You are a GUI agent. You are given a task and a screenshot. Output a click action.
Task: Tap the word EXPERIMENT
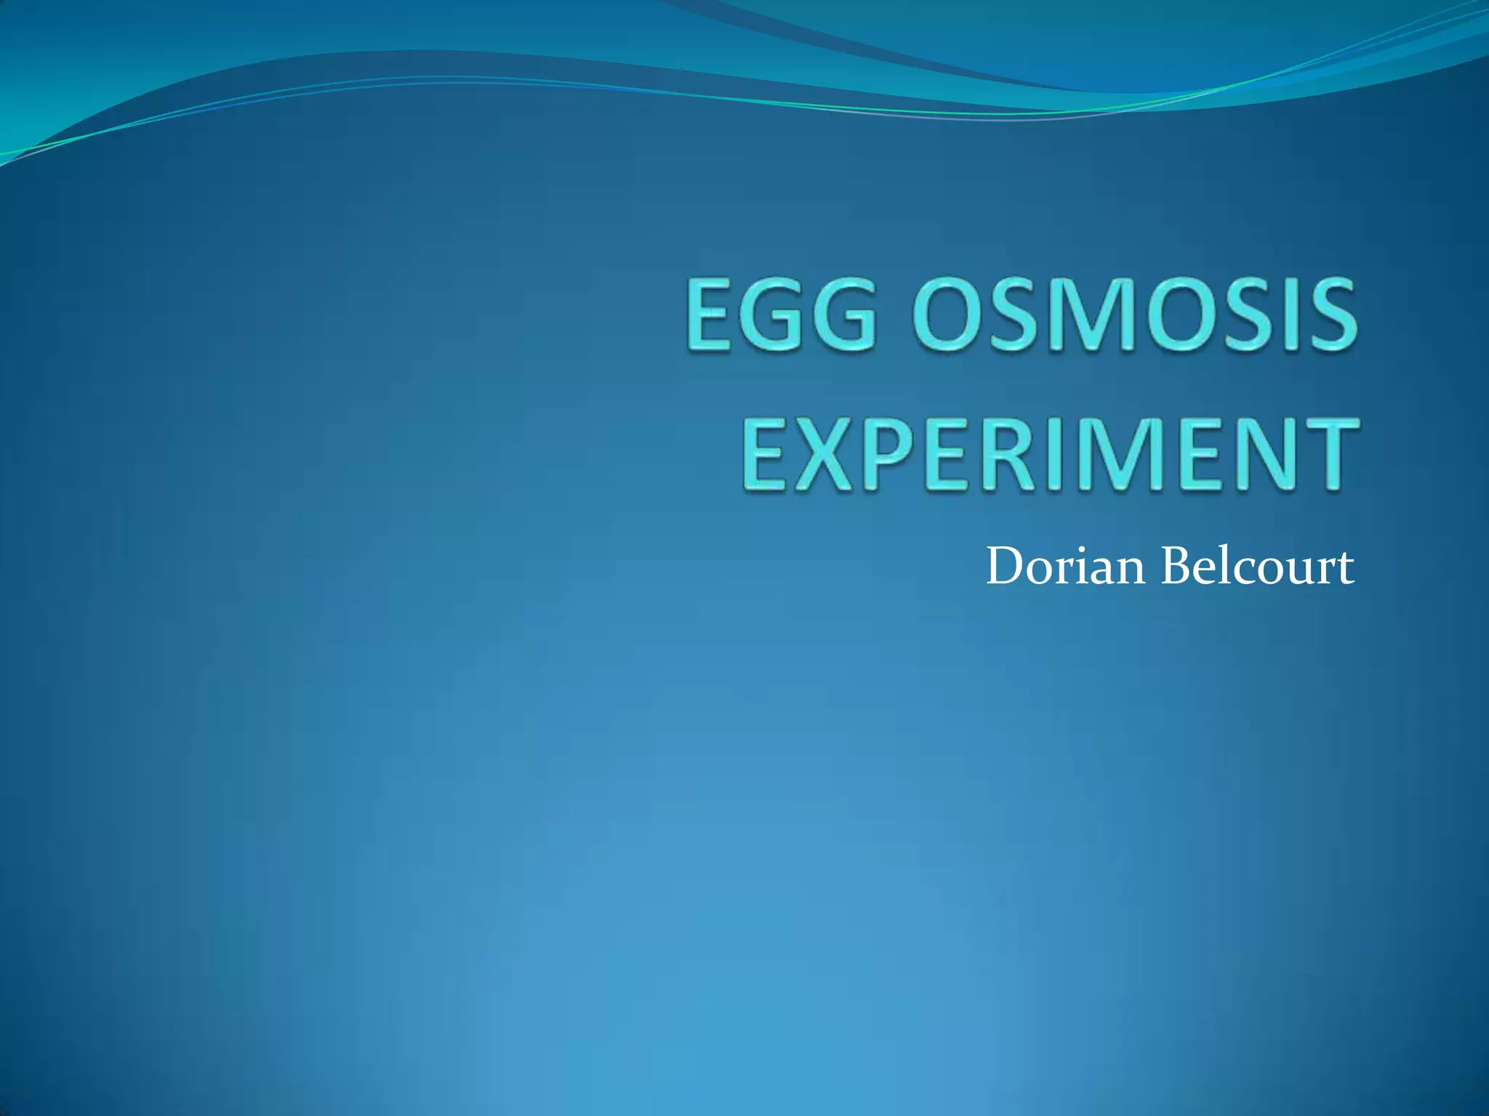pyautogui.click(x=1050, y=456)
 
